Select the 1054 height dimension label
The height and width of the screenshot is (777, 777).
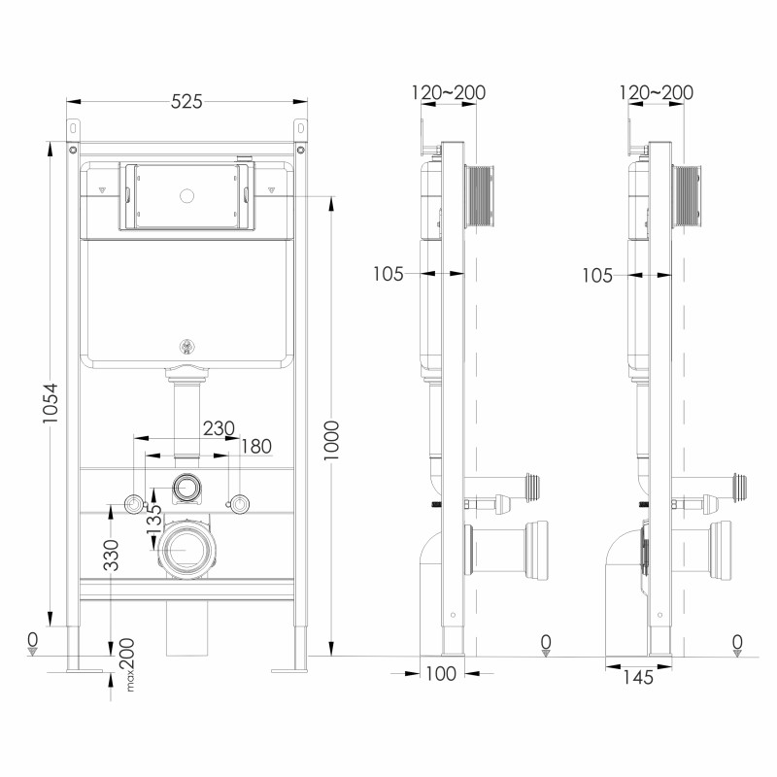(51, 408)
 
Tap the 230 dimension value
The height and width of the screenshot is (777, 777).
(219, 427)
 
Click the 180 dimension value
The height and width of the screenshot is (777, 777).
(256, 446)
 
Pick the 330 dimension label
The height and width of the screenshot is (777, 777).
(112, 555)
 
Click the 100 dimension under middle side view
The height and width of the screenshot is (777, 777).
(442, 675)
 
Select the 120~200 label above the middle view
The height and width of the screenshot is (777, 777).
(449, 93)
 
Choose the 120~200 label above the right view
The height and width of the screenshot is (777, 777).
(657, 93)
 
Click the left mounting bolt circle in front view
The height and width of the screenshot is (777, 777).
(133, 503)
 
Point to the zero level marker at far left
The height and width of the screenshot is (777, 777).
(32, 643)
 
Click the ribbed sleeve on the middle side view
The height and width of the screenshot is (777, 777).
(480, 198)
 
